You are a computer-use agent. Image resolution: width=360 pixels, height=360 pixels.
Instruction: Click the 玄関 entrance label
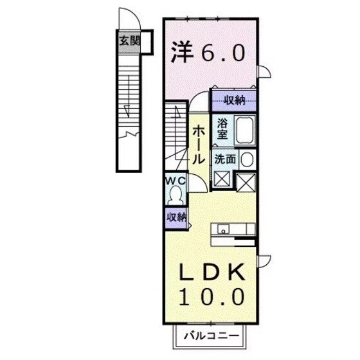click(x=127, y=40)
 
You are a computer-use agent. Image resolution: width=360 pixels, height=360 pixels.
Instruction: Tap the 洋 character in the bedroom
click(x=182, y=52)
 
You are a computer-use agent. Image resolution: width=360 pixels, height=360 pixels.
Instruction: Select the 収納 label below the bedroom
click(x=235, y=100)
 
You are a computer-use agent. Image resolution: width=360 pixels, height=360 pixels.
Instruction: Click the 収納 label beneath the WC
click(x=176, y=217)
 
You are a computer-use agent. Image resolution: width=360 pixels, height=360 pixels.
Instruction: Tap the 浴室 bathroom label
click(x=222, y=129)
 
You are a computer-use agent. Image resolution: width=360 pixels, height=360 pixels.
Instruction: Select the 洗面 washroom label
click(x=224, y=159)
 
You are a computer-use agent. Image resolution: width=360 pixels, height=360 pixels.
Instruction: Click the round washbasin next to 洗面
click(x=248, y=159)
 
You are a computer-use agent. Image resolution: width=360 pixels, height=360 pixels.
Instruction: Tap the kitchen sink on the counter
click(x=224, y=228)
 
